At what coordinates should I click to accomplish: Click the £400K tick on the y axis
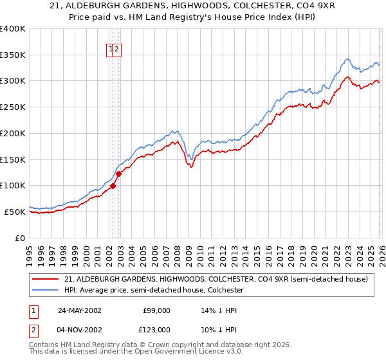coord(13,29)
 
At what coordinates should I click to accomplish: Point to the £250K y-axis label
coord(13,107)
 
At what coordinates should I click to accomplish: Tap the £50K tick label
coord(15,212)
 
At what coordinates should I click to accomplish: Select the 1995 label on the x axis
coord(30,250)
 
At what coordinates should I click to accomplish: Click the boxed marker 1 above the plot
coord(111,48)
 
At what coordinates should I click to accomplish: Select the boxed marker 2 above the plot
coord(118,48)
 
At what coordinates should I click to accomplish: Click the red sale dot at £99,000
coord(113,186)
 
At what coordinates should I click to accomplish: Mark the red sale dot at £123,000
coord(118,174)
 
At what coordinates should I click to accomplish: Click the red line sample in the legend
coord(46,279)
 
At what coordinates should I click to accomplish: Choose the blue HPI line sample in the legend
coord(46,290)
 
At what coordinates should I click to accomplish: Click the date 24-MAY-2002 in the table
coord(80,310)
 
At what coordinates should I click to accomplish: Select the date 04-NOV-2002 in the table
coord(80,329)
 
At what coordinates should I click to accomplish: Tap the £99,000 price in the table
coord(156,310)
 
